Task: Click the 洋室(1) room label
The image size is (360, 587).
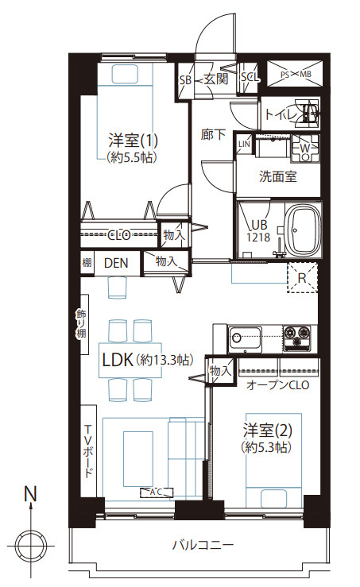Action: click(x=133, y=141)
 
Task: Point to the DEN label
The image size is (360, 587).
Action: click(x=116, y=262)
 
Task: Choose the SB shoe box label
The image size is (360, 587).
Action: click(x=184, y=79)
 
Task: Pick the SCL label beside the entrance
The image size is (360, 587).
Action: click(x=249, y=78)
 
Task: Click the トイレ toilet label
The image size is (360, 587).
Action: click(x=281, y=116)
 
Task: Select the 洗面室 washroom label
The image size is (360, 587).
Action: click(x=278, y=176)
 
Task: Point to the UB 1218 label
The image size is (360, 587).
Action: click(x=258, y=231)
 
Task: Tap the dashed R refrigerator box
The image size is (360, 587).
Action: click(x=302, y=279)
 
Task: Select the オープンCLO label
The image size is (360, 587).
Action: click(x=278, y=385)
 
